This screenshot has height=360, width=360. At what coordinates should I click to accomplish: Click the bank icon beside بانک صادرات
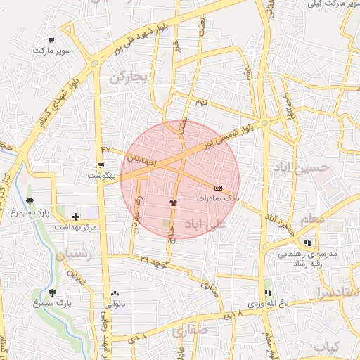(218, 188)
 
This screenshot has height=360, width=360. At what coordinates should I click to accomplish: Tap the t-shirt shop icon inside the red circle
(172, 201)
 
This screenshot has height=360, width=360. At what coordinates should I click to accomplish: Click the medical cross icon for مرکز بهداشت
(76, 217)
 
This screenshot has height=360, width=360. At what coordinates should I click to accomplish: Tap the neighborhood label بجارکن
(130, 77)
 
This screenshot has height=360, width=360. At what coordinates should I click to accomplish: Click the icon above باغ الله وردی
(267, 292)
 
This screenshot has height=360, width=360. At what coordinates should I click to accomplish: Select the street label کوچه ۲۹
(154, 261)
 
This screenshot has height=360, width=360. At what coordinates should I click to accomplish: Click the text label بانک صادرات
(218, 199)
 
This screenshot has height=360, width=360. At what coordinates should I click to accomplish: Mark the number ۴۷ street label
(106, 149)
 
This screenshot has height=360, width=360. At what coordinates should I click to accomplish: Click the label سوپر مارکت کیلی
(331, 4)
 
